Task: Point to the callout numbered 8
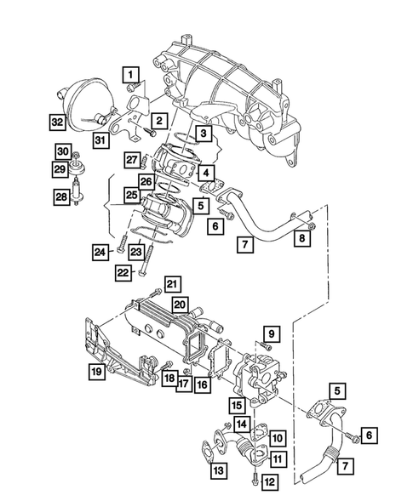[302, 241]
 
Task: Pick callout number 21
[172, 283]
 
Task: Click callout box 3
[202, 134]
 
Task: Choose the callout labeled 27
[131, 158]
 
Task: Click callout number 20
[181, 304]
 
